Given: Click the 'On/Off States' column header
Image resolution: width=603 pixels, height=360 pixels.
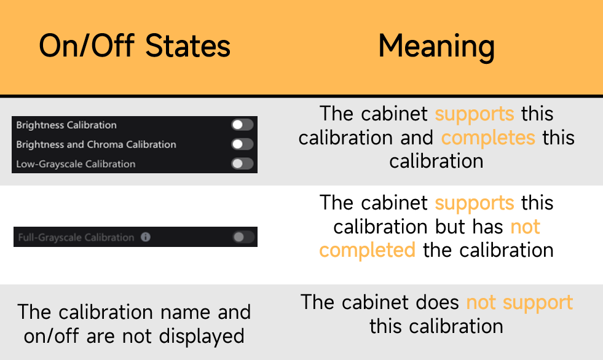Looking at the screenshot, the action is click(x=135, y=45).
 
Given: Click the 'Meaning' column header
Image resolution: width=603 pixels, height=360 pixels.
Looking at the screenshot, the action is click(x=436, y=47).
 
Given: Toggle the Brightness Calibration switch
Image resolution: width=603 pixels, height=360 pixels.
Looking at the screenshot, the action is click(x=242, y=125).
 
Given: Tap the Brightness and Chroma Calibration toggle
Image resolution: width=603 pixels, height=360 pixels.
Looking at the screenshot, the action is click(x=242, y=144).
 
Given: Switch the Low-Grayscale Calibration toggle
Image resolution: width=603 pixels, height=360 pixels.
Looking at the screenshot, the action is click(x=242, y=163).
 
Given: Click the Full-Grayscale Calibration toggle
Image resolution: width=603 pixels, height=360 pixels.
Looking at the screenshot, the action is click(x=243, y=237).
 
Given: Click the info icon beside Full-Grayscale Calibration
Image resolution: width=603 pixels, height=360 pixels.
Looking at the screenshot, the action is click(x=145, y=237).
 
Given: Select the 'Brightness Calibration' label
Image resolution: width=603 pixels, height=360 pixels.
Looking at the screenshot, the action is click(x=66, y=125).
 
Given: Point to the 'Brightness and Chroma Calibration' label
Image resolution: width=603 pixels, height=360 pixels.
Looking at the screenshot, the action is click(x=96, y=144).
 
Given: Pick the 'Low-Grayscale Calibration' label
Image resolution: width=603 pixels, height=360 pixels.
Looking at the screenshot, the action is click(x=76, y=164).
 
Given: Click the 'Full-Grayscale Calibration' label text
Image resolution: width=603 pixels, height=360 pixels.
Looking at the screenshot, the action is click(x=76, y=237).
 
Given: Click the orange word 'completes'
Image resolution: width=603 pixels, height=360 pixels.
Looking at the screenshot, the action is click(x=488, y=138).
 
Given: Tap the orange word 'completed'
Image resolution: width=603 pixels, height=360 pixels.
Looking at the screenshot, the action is click(x=367, y=251).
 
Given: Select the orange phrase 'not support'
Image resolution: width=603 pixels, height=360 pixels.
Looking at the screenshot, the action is click(x=519, y=303).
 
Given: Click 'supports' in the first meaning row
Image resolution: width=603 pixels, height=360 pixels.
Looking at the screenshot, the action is click(x=475, y=114).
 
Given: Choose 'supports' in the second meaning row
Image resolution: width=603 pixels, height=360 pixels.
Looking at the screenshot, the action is click(x=475, y=203).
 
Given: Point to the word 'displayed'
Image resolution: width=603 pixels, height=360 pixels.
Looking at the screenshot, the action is click(x=202, y=337).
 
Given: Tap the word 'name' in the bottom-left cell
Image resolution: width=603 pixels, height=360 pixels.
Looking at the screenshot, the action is click(x=185, y=312).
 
